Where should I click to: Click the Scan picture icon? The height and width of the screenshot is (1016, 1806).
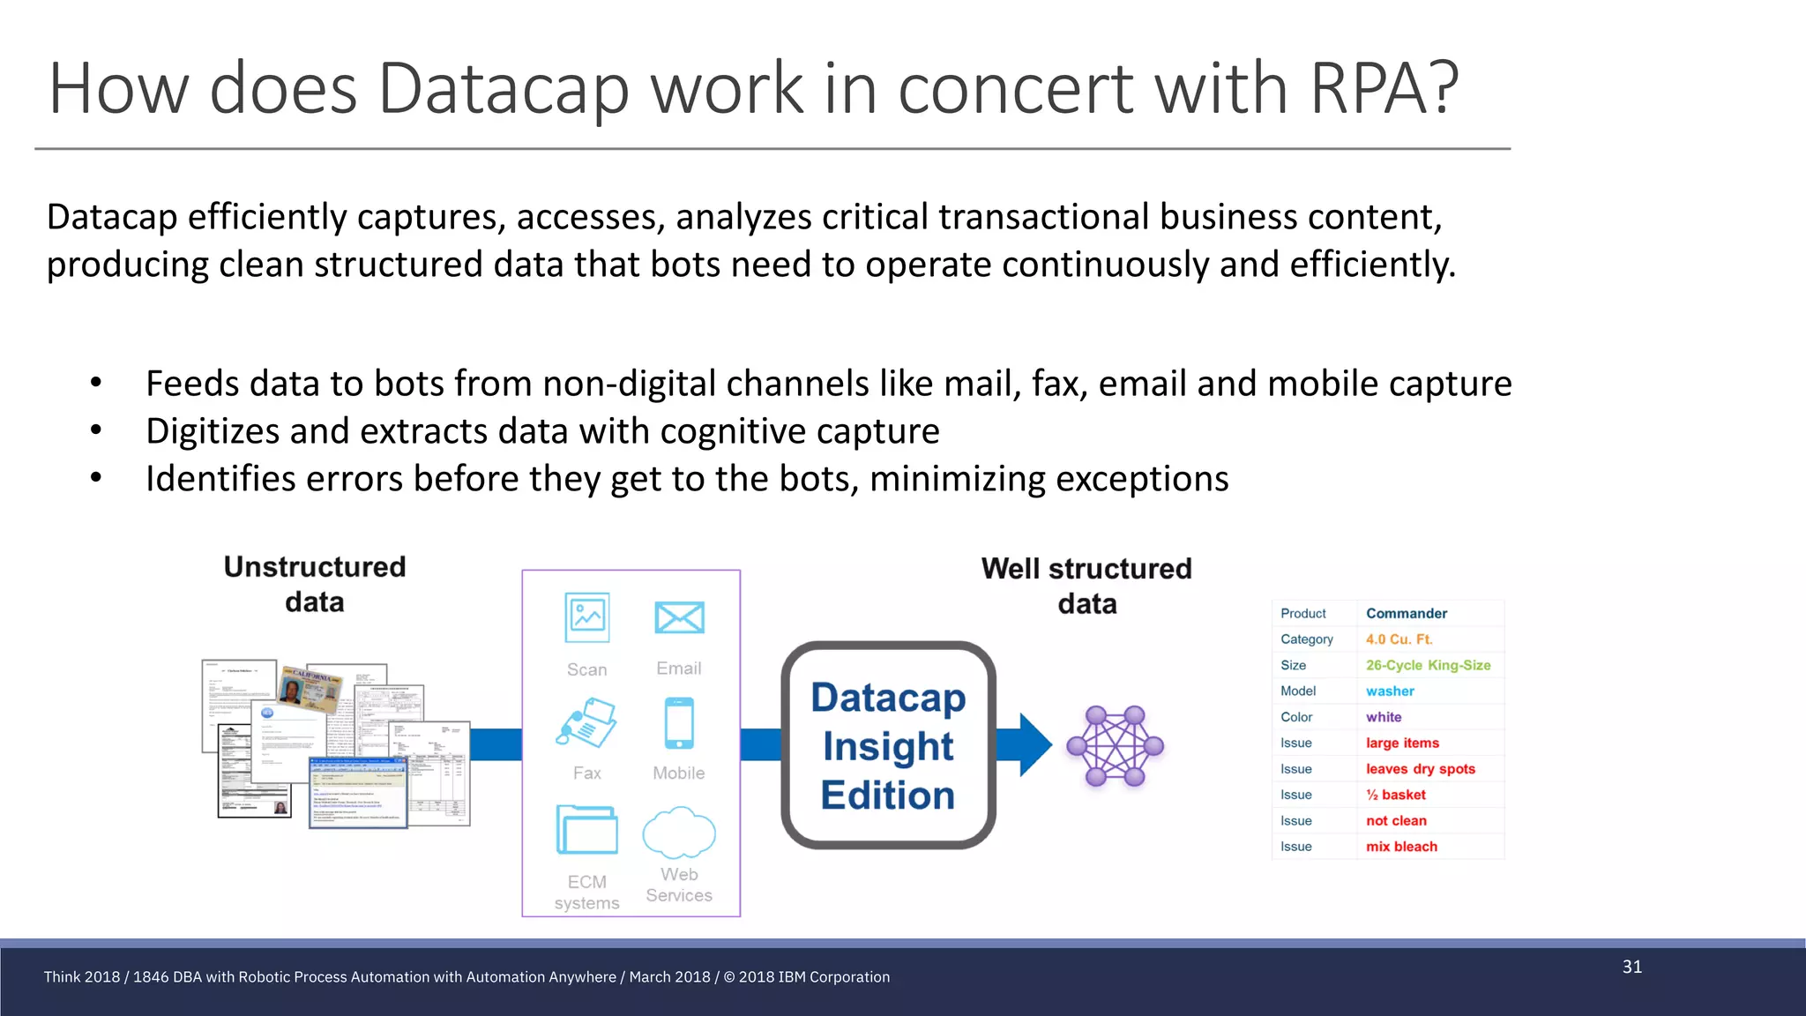[x=587, y=617]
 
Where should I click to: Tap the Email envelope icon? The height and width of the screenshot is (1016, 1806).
[x=679, y=617]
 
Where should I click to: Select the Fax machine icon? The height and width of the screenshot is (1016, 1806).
[x=586, y=723]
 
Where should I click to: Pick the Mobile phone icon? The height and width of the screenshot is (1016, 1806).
[x=679, y=723]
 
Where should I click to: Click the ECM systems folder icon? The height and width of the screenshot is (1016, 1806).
[x=586, y=829]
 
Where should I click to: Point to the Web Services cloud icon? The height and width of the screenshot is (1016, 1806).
[x=679, y=832]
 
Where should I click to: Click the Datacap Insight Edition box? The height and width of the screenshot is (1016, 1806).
[x=888, y=745]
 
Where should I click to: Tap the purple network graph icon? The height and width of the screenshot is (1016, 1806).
[x=1116, y=746]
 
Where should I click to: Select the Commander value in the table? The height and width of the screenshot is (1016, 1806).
[x=1407, y=614]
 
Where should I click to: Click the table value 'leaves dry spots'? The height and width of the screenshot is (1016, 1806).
[x=1421, y=769]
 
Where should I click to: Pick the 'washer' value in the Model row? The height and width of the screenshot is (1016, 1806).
[x=1390, y=691]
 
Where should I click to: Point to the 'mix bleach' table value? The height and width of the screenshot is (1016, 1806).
[x=1401, y=847]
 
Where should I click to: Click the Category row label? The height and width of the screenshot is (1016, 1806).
[x=1307, y=639]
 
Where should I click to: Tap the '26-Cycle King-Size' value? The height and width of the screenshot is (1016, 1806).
[x=1428, y=666]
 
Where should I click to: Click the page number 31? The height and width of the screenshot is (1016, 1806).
[x=1632, y=967]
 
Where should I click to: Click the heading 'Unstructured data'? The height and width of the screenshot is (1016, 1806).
[x=315, y=584]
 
